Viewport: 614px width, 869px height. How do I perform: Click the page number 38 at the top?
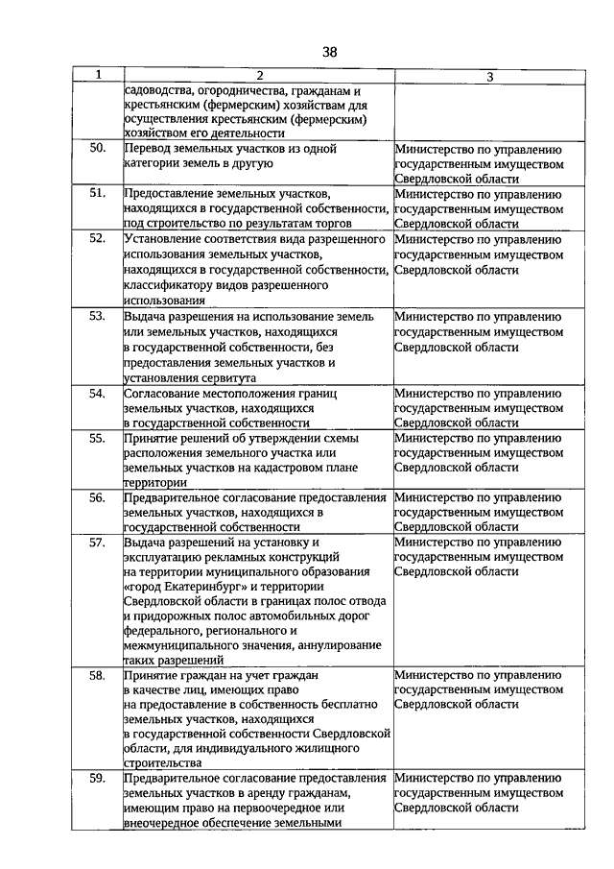coord(329,51)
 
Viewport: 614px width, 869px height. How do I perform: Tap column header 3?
coord(489,76)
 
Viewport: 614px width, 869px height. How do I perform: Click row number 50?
coord(97,149)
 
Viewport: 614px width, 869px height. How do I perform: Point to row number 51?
coord(97,193)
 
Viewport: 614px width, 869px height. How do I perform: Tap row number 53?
coord(97,315)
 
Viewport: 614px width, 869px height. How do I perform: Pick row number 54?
coord(97,392)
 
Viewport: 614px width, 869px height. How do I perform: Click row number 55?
coord(97,437)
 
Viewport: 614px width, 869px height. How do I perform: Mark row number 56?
coord(97,496)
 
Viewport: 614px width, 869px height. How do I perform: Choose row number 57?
coord(97,542)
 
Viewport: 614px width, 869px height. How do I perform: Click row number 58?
coord(97,675)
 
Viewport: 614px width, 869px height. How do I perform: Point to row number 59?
coord(97,778)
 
